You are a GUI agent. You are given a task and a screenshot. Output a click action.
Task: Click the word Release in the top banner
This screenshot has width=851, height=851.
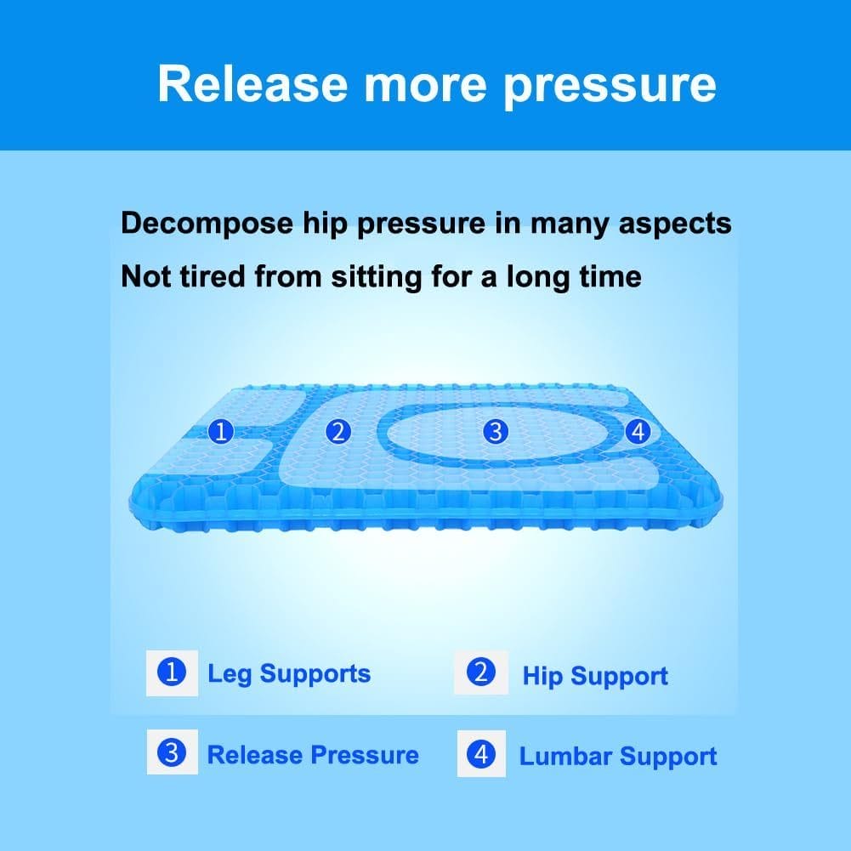click(252, 83)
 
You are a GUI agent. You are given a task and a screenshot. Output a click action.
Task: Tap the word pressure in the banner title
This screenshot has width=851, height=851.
click(610, 88)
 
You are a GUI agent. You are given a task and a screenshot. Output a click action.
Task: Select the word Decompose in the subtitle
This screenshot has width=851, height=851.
click(207, 224)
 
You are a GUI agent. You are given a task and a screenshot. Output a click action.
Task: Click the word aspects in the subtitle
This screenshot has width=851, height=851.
click(675, 224)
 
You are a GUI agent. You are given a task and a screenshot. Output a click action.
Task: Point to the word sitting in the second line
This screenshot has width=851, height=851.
click(377, 277)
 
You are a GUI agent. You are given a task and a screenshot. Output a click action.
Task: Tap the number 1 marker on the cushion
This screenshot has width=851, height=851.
click(221, 432)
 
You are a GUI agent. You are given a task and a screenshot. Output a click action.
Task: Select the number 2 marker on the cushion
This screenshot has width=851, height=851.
click(338, 432)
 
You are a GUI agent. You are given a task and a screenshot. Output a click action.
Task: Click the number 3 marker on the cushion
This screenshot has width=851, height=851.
click(496, 432)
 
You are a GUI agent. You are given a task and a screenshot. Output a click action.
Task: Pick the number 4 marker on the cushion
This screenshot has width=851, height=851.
click(638, 432)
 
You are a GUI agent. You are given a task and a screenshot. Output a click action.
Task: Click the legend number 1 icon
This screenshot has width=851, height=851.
click(172, 672)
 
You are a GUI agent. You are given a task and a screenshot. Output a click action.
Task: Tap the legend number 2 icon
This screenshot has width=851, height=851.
click(481, 672)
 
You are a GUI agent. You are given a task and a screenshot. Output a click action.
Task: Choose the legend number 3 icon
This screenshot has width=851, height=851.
click(172, 752)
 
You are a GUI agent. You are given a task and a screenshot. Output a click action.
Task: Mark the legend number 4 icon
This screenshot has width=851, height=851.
click(481, 753)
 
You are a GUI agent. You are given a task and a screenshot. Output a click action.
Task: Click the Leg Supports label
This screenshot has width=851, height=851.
click(289, 674)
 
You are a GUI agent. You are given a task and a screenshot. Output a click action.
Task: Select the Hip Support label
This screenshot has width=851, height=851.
click(595, 677)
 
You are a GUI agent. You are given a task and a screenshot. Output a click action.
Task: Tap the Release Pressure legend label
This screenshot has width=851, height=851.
click(313, 755)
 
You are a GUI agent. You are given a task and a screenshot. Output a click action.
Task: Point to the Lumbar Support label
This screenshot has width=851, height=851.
click(618, 757)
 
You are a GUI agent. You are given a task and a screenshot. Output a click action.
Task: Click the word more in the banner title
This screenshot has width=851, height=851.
click(425, 86)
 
